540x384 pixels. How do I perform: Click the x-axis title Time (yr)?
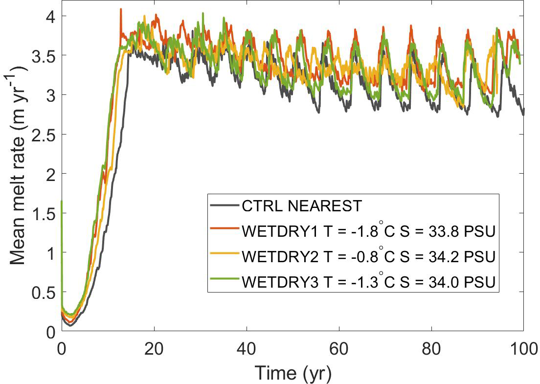(x=292, y=373)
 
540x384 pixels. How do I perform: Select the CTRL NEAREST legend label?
(x=301, y=206)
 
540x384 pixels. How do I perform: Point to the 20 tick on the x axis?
(x=154, y=349)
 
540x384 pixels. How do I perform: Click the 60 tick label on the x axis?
(x=339, y=349)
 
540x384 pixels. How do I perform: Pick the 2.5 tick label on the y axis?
(x=42, y=134)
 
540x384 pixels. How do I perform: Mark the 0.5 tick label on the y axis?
(x=42, y=292)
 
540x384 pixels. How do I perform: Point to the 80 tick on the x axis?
(x=431, y=349)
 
